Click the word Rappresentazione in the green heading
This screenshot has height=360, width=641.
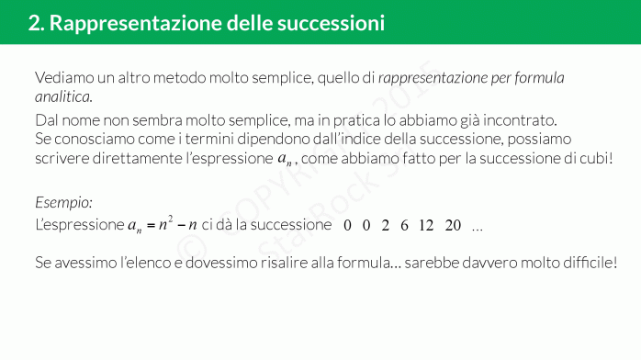(x=118, y=23)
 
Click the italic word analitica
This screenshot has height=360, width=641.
(x=63, y=96)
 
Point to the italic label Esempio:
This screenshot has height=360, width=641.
(x=63, y=202)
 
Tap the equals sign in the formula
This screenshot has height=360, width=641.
(x=147, y=225)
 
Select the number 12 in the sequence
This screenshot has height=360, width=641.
(x=425, y=225)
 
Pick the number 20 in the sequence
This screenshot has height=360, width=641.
(x=453, y=225)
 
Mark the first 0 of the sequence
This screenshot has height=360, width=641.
(x=347, y=225)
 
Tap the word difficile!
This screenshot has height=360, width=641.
(x=588, y=263)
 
